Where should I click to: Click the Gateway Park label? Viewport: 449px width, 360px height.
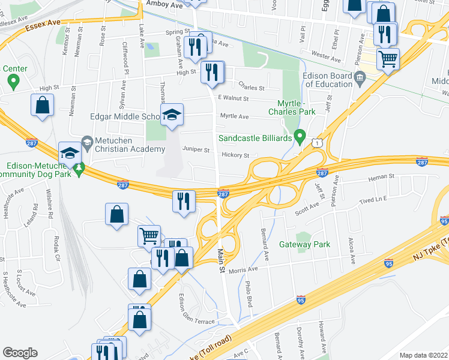(305, 245)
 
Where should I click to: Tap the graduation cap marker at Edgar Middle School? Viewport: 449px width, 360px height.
(172, 114)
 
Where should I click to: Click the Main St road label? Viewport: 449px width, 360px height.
(221, 262)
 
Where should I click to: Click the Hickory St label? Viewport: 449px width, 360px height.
(235, 155)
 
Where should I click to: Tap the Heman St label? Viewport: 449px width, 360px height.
(382, 177)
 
